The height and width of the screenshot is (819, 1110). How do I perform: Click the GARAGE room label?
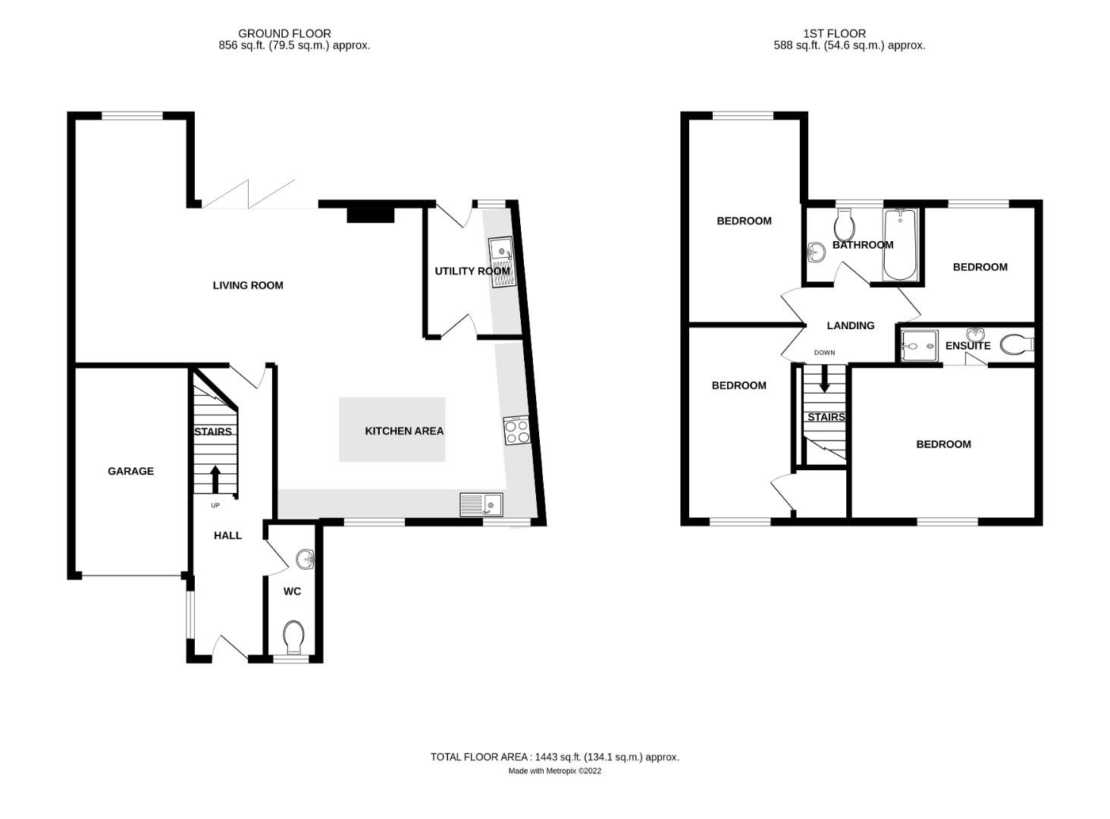point(130,471)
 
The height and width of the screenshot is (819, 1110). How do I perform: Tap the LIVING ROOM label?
point(247,286)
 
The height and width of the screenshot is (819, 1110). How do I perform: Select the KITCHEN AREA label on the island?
point(404,431)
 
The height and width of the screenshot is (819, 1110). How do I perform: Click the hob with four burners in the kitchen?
point(516,431)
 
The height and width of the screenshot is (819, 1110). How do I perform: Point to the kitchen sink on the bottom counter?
point(481,504)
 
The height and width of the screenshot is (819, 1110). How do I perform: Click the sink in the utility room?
point(501,262)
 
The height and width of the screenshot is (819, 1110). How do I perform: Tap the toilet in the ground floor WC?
point(293,636)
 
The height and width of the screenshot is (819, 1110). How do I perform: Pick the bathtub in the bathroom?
point(900,244)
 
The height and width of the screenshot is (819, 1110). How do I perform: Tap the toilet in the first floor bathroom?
point(844,224)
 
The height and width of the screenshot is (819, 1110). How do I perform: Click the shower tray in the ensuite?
point(920,346)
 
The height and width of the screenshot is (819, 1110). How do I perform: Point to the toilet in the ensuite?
point(1016,345)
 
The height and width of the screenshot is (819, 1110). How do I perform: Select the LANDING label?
point(850,325)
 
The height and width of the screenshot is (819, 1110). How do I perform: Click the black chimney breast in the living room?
point(371,215)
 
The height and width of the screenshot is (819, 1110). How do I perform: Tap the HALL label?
point(227,535)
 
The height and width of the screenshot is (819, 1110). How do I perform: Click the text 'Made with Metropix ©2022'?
point(554,771)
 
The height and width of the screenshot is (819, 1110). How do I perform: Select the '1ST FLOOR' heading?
point(834,33)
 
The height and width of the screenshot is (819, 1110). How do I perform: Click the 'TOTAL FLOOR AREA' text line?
point(554,757)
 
